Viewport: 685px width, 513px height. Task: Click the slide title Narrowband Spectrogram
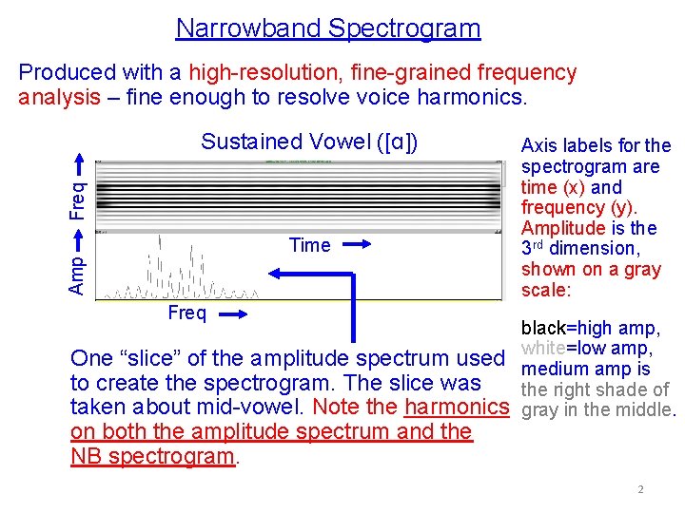click(x=328, y=28)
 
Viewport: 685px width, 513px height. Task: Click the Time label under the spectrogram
click(x=310, y=246)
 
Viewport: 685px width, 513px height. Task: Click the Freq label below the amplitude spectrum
click(x=186, y=314)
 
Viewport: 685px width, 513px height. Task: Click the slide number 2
click(x=640, y=489)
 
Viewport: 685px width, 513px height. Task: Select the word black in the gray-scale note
click(x=543, y=329)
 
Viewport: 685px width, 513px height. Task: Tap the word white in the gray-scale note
click(x=542, y=349)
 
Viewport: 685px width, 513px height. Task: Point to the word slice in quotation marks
click(x=156, y=359)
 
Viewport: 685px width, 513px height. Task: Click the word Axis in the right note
click(x=538, y=146)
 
